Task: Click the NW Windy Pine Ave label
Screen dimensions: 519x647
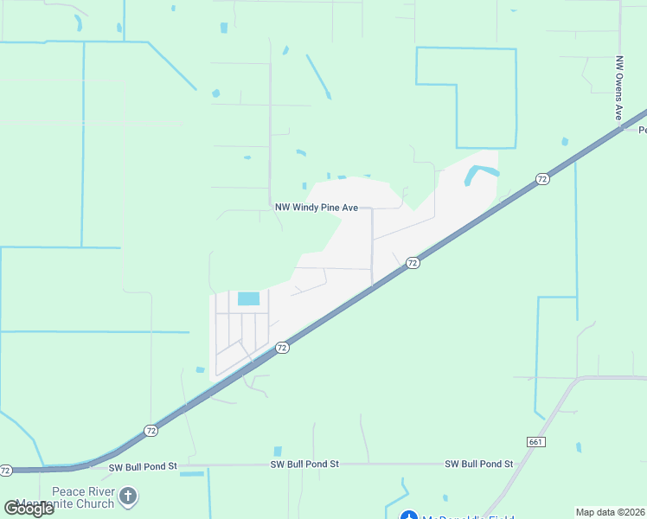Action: coord(317,208)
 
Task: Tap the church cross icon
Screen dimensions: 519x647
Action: coord(128,496)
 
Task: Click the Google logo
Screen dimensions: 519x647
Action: coord(29,508)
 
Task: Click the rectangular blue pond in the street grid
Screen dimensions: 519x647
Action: coord(248,298)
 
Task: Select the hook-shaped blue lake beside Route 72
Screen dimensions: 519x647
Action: coord(481,174)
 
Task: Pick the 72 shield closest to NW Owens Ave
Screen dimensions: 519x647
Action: coord(542,179)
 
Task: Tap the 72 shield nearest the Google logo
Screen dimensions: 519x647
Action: coord(6,471)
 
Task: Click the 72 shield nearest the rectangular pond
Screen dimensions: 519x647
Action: coord(282,348)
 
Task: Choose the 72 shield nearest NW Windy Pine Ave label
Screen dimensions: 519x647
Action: coord(413,262)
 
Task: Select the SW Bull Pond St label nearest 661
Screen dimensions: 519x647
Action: coord(479,465)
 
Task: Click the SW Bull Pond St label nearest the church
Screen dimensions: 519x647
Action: coord(143,467)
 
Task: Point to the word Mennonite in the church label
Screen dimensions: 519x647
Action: coord(78,503)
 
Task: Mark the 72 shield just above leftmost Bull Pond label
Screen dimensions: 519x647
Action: coord(151,430)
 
